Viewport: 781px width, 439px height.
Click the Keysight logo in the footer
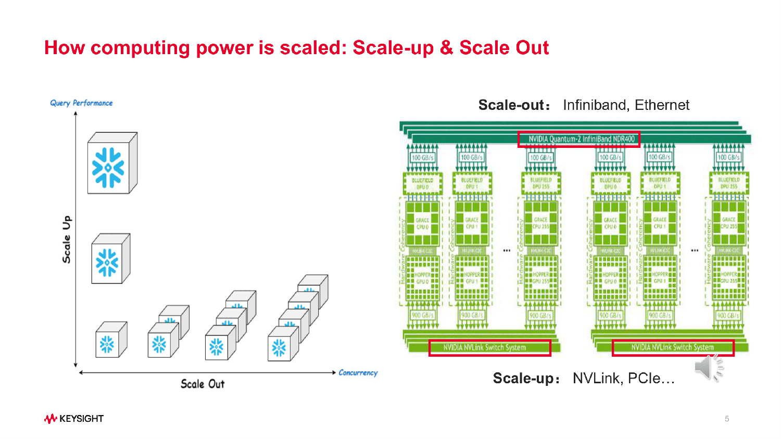click(74, 419)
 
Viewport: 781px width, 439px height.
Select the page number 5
click(727, 419)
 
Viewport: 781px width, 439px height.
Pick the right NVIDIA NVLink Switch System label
click(672, 347)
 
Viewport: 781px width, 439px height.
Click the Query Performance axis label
click(81, 103)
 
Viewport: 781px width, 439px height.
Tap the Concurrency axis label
click(358, 373)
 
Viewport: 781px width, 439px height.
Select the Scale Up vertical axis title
click(67, 239)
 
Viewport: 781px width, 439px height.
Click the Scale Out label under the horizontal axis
click(203, 384)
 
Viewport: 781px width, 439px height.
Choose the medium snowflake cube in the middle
click(110, 259)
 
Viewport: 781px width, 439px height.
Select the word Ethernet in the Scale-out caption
click(662, 105)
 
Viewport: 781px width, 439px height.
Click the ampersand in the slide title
click(446, 48)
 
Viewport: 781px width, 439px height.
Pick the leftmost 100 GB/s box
click(422, 157)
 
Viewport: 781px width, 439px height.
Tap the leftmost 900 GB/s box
click(422, 315)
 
